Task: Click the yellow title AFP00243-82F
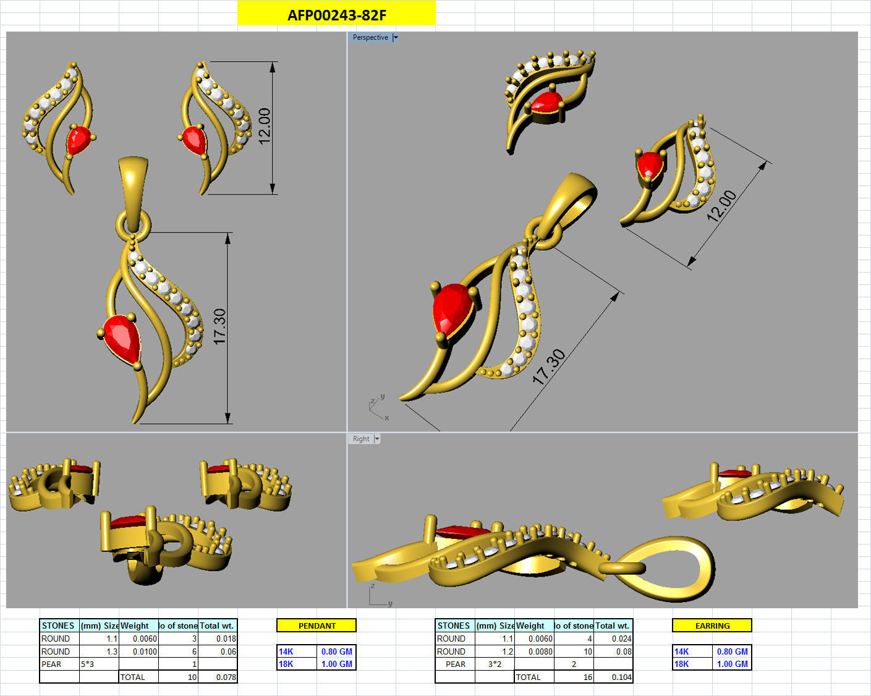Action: click(x=336, y=14)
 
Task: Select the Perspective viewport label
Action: click(x=370, y=38)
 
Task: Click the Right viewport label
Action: click(x=360, y=439)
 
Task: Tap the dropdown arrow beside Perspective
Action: click(x=396, y=38)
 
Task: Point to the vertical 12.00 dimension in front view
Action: click(x=265, y=126)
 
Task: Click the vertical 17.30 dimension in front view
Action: click(x=220, y=326)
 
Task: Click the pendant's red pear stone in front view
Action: click(x=123, y=338)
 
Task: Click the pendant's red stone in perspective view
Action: click(x=453, y=309)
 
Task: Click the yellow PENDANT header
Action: click(x=317, y=626)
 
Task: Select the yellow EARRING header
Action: click(x=712, y=626)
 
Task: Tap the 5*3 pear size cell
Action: click(x=99, y=664)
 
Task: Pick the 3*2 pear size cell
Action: click(x=495, y=664)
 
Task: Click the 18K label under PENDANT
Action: click(x=286, y=664)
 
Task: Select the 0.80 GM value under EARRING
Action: click(x=732, y=651)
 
